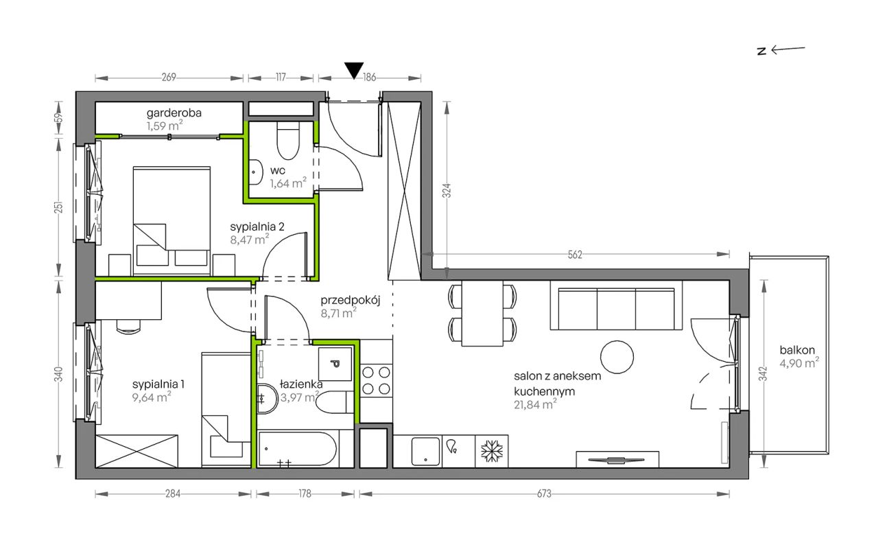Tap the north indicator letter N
[761, 51]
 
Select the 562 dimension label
[575, 255]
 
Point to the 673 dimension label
[544, 494]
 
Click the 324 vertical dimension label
[447, 191]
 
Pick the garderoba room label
[174, 113]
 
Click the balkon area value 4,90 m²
[799, 363]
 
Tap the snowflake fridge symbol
[492, 451]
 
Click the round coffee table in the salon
[617, 357]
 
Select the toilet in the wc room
[288, 140]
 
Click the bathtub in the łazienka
[298, 450]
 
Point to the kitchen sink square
[425, 451]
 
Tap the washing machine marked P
[335, 364]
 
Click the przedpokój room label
[351, 301]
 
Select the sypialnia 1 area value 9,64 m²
[152, 397]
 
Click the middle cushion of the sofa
[616, 310]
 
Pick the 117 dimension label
[281, 78]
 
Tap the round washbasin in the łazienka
[268, 398]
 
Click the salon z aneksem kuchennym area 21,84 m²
[536, 405]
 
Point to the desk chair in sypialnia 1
[128, 327]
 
